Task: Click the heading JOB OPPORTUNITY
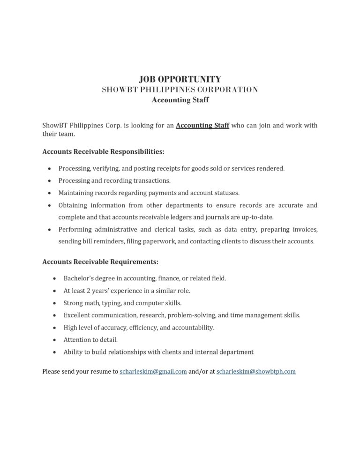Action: [x=180, y=79]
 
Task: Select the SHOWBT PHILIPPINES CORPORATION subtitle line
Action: [x=180, y=90]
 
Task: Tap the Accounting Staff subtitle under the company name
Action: [x=180, y=100]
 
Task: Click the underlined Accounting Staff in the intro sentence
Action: [x=202, y=126]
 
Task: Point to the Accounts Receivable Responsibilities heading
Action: [x=103, y=152]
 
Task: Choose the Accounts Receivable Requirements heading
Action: [x=100, y=261]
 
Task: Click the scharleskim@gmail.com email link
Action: [x=153, y=371]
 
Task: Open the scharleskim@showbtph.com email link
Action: [x=256, y=371]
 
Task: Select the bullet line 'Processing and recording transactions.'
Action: [x=114, y=180]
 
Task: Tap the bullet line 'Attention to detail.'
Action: [x=90, y=339]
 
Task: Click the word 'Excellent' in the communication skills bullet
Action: [x=77, y=315]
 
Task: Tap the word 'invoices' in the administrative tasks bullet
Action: [x=305, y=229]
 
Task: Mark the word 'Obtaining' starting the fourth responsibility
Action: [x=72, y=205]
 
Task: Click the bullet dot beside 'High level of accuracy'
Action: [x=54, y=328]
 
